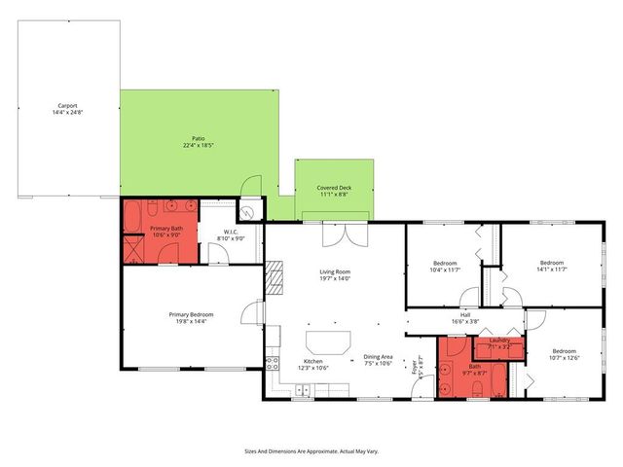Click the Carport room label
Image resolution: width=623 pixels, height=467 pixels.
pyautogui.click(x=67, y=108)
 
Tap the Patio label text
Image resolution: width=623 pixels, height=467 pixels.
pyautogui.click(x=198, y=142)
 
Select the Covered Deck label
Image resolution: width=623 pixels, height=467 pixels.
pyautogui.click(x=333, y=191)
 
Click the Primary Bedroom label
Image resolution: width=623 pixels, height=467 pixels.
pyautogui.click(x=191, y=318)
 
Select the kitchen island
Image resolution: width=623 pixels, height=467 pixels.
pyautogui.click(x=327, y=341)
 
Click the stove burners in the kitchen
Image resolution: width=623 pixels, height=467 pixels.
pyautogui.click(x=272, y=365)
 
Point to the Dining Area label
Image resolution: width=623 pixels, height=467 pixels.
pyautogui.click(x=378, y=360)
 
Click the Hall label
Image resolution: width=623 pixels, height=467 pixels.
pyautogui.click(x=465, y=319)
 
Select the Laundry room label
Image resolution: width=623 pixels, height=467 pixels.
pyautogui.click(x=498, y=341)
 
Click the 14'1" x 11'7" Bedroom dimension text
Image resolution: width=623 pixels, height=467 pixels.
pyautogui.click(x=552, y=269)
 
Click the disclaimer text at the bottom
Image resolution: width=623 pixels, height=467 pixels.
pyautogui.click(x=311, y=450)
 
